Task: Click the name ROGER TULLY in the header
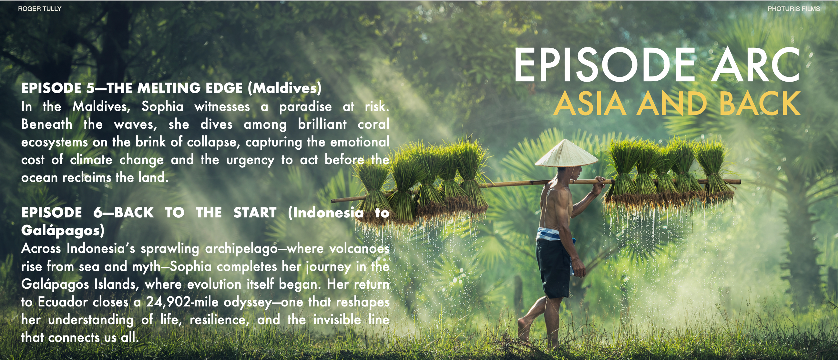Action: click(40, 9)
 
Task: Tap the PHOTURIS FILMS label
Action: click(794, 9)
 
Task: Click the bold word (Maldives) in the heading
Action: click(284, 88)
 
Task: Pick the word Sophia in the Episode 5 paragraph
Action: click(162, 107)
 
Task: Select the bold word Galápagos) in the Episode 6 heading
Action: click(63, 231)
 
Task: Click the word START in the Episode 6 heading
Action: click(255, 213)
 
